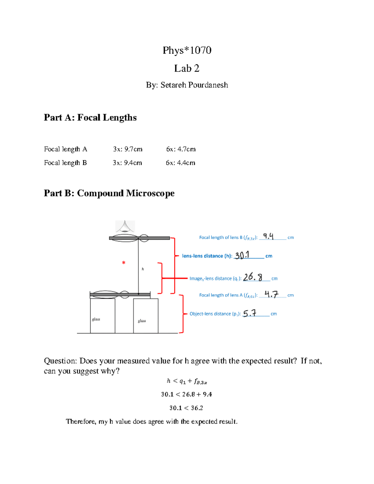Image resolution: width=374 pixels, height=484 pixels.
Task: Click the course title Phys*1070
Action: pyautogui.click(x=187, y=50)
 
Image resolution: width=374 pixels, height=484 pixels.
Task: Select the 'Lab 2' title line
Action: pyautogui.click(x=187, y=68)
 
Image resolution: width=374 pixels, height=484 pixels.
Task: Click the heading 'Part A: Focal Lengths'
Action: pyautogui.click(x=90, y=117)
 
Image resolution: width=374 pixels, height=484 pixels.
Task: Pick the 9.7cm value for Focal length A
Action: pyautogui.click(x=133, y=149)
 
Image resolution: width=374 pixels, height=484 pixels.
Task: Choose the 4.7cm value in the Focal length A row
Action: pyautogui.click(x=186, y=149)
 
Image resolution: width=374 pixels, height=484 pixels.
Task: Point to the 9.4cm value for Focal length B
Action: pyautogui.click(x=133, y=163)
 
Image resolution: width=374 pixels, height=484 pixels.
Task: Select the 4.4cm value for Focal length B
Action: pyautogui.click(x=186, y=163)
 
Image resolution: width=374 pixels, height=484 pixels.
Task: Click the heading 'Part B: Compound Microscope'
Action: pyautogui.click(x=109, y=193)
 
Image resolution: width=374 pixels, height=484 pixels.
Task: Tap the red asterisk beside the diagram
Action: pyautogui.click(x=124, y=263)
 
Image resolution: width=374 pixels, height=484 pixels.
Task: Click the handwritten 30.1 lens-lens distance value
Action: pyautogui.click(x=242, y=256)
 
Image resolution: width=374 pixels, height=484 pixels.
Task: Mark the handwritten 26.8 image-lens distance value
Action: pyautogui.click(x=252, y=277)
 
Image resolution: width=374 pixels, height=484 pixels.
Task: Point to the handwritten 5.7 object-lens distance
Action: pyautogui.click(x=250, y=313)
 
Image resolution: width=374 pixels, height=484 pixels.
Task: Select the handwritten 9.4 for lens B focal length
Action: pyautogui.click(x=268, y=236)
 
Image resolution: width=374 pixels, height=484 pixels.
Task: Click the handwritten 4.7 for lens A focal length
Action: pyautogui.click(x=271, y=294)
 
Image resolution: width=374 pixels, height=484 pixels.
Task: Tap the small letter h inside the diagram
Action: pyautogui.click(x=143, y=269)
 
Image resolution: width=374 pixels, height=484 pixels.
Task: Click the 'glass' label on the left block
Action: pyautogui.click(x=96, y=319)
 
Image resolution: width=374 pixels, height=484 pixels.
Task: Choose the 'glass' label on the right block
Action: pyautogui.click(x=142, y=321)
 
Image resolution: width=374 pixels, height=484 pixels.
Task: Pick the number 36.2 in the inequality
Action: pyautogui.click(x=197, y=408)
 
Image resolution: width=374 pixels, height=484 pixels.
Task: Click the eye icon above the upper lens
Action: pyautogui.click(x=125, y=226)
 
